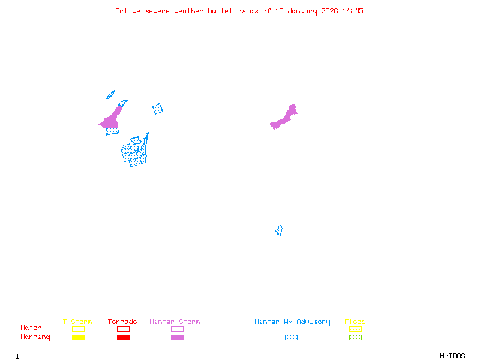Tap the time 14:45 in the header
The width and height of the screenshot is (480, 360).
coord(353,11)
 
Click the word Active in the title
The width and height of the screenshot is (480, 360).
coord(128,11)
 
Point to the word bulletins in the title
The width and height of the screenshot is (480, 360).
coord(227,11)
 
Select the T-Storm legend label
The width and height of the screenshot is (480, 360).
coord(77,322)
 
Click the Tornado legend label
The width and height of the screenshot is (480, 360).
coord(122,322)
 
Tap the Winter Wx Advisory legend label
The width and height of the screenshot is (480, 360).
coord(292,322)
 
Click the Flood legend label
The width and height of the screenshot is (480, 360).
coord(355,322)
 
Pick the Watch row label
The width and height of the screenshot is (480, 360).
coord(31,328)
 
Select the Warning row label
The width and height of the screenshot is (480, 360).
coord(35,337)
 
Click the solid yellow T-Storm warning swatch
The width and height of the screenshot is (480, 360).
coord(78,338)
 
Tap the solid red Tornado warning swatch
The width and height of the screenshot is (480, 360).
coord(123,338)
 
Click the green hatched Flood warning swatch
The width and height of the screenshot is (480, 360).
coord(355,338)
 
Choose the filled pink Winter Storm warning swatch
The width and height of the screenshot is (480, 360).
coord(177,338)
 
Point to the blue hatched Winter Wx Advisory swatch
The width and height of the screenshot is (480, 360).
coord(291,338)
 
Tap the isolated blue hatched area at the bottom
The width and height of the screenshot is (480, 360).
coord(279,230)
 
